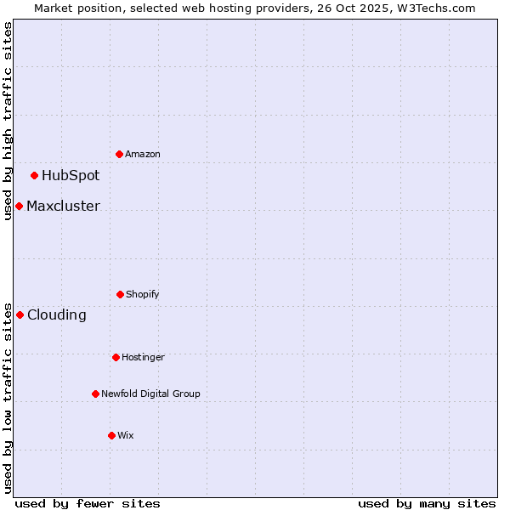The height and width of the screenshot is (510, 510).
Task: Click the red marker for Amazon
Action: (x=120, y=154)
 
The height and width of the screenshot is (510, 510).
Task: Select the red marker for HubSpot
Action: (x=35, y=176)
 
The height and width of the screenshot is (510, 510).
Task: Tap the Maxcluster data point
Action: (x=19, y=207)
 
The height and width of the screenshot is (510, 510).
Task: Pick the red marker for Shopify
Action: (x=120, y=294)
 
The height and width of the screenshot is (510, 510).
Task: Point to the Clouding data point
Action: (x=20, y=315)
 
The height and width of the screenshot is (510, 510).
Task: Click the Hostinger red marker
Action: (x=116, y=357)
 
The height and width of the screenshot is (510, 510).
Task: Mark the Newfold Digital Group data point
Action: (x=95, y=394)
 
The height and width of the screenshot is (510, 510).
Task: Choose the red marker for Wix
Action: (x=111, y=435)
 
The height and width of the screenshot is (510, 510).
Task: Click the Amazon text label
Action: (x=143, y=154)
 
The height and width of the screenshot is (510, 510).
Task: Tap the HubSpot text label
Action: (x=71, y=176)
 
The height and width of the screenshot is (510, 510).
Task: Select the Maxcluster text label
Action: (x=63, y=207)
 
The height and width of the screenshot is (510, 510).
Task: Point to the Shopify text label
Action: (x=143, y=294)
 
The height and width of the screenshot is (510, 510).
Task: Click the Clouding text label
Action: (x=57, y=315)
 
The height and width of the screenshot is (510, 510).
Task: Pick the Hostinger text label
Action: (x=143, y=357)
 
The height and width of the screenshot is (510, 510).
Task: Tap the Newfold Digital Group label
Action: (x=150, y=394)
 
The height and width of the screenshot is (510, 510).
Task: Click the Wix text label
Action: (x=126, y=435)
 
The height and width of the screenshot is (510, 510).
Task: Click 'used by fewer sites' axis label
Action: (x=88, y=503)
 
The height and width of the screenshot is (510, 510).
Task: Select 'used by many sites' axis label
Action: (x=427, y=503)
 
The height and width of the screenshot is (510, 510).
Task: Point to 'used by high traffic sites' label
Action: (x=8, y=121)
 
